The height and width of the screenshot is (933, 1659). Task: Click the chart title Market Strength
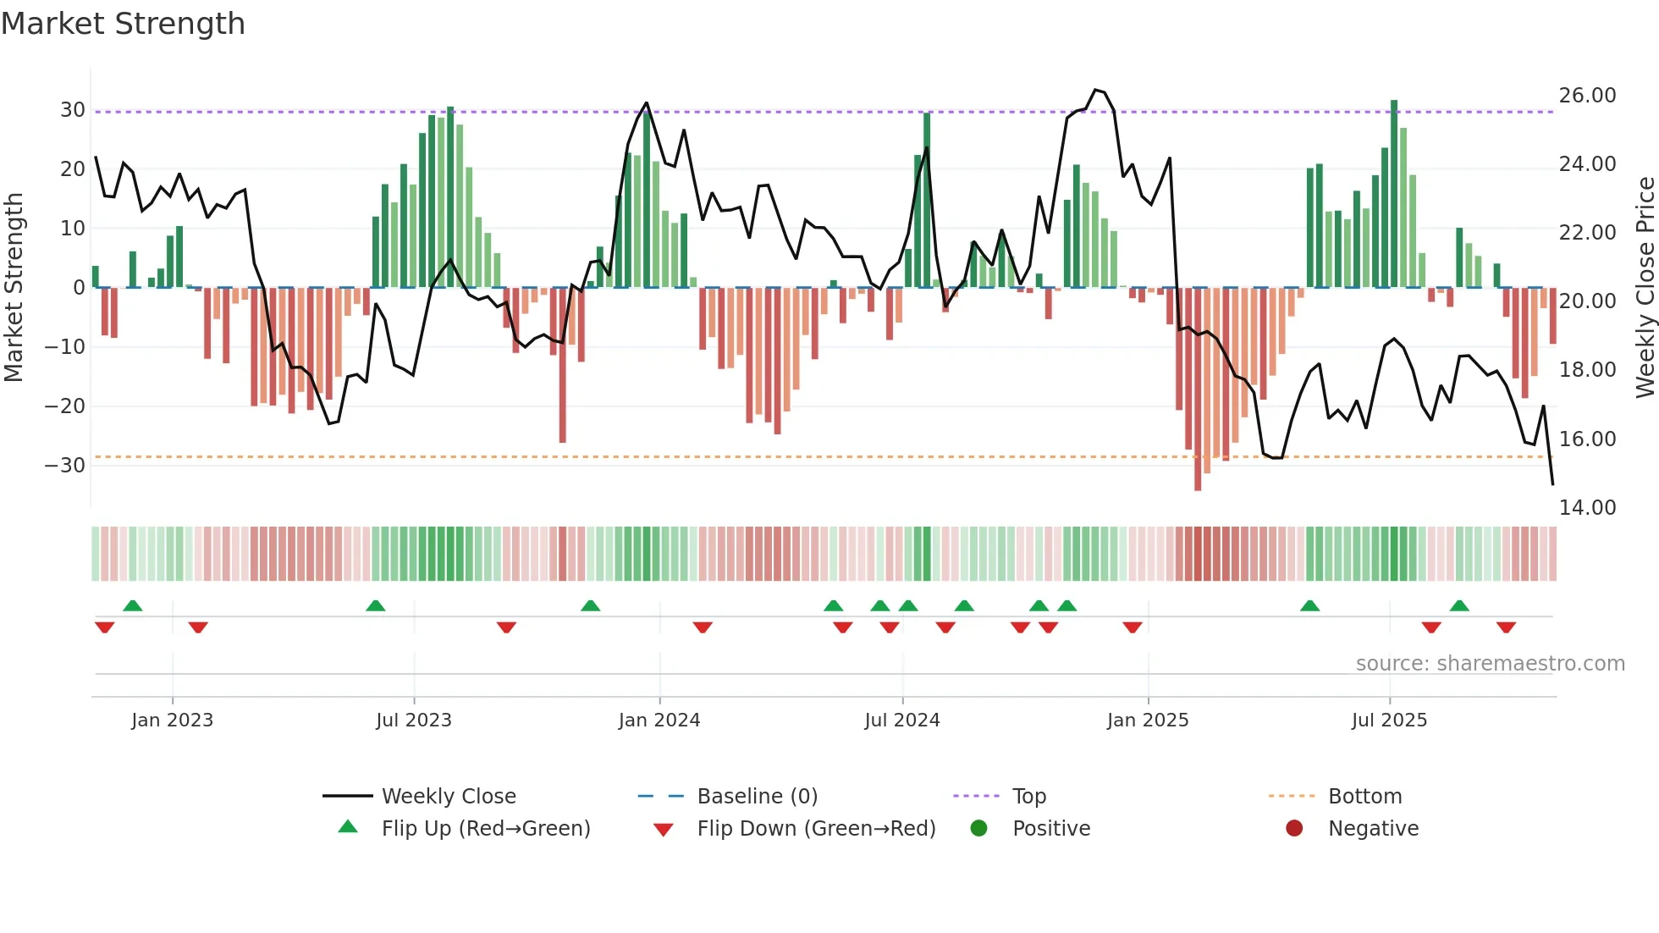click(123, 24)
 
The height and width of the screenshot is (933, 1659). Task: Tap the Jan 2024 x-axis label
click(659, 720)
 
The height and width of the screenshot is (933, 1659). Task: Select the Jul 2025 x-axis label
click(1389, 720)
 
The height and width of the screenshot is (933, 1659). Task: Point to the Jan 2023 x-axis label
click(172, 720)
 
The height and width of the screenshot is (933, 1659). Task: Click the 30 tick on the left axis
click(73, 110)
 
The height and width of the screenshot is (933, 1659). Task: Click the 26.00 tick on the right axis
click(1587, 95)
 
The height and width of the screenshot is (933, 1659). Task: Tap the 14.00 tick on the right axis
click(1587, 507)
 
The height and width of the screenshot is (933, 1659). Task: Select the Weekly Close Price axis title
click(1645, 288)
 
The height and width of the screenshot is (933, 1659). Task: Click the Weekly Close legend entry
click(448, 796)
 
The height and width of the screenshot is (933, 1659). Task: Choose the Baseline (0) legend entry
click(757, 796)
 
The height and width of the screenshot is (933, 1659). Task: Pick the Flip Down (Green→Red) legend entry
click(816, 828)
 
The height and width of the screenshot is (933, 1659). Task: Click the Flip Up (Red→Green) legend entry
click(485, 828)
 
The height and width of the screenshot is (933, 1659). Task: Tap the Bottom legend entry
click(1364, 796)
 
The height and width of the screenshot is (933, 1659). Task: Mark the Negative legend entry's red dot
click(1294, 828)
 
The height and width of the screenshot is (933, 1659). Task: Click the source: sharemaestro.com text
click(1490, 663)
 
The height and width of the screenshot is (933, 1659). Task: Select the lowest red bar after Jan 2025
click(1198, 389)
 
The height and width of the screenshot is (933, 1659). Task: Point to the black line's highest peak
click(1095, 90)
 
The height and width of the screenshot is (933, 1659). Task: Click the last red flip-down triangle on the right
click(1506, 627)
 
